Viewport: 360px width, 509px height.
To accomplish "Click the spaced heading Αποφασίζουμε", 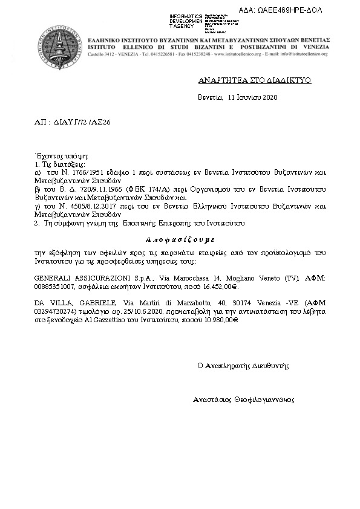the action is point(182,238).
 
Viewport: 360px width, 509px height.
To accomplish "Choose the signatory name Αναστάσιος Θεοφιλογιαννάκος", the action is point(243,400).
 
